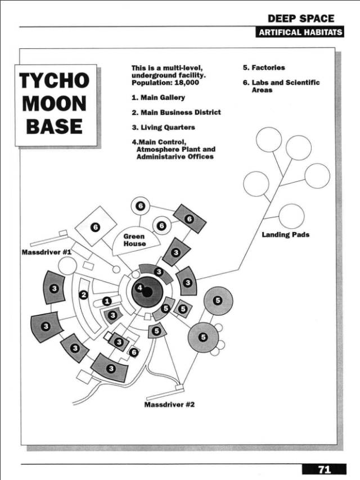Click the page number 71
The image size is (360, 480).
tap(324, 469)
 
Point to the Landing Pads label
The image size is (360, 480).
tap(285, 234)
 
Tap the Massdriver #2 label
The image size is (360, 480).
tap(169, 405)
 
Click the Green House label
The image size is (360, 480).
tap(134, 240)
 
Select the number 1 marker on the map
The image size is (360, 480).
tap(107, 302)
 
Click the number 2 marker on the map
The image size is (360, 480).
tap(84, 295)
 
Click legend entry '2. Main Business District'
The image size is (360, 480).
tap(175, 112)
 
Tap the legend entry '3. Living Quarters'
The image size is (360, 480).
tap(163, 128)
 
